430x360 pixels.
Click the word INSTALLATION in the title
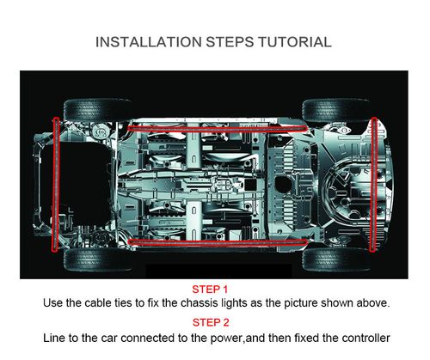[149, 42]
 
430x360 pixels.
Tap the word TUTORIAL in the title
[295, 42]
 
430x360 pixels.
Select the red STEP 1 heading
[210, 290]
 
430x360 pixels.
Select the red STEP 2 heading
[211, 322]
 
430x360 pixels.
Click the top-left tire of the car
[97, 110]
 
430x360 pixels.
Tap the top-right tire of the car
[336, 110]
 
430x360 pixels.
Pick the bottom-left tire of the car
[97, 259]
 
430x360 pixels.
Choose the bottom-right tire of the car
[336, 259]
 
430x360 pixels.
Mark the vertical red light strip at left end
[56, 185]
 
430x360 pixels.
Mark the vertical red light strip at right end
[373, 185]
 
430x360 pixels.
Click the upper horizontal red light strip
[218, 129]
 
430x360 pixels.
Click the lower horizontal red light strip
[218, 243]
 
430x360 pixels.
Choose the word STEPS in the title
[230, 42]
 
